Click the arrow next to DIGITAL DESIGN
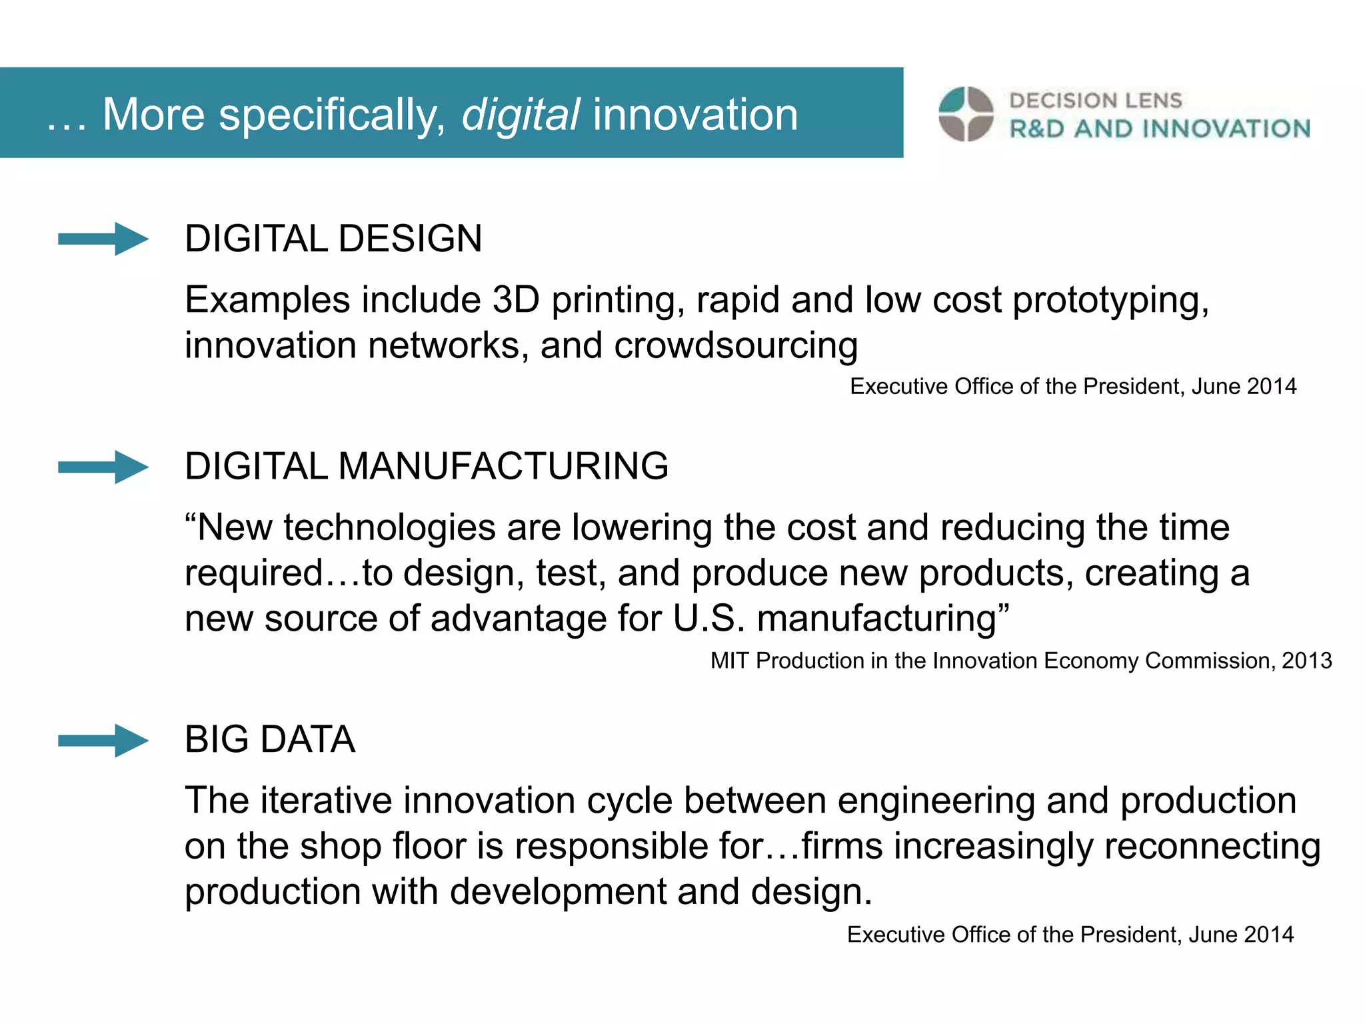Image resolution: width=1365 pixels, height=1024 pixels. [103, 239]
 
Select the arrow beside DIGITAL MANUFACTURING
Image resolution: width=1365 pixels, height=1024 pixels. [103, 467]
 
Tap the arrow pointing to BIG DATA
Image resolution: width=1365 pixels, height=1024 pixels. [103, 740]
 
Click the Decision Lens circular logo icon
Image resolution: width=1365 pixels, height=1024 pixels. [966, 114]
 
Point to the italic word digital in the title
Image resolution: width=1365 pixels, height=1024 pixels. [521, 115]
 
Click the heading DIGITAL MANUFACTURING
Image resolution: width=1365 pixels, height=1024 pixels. [427, 466]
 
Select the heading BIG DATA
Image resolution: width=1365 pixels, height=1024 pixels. [270, 739]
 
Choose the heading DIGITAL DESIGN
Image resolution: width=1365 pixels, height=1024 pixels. [333, 239]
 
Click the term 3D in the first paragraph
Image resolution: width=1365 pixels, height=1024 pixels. [515, 299]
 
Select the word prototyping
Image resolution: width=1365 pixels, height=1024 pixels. [1110, 301]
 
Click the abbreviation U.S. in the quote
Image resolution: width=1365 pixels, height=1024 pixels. [708, 618]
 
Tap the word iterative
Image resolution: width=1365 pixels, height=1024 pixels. [325, 800]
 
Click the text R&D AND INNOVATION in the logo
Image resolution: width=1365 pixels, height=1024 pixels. [1160, 129]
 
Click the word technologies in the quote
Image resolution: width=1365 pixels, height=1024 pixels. [389, 527]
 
